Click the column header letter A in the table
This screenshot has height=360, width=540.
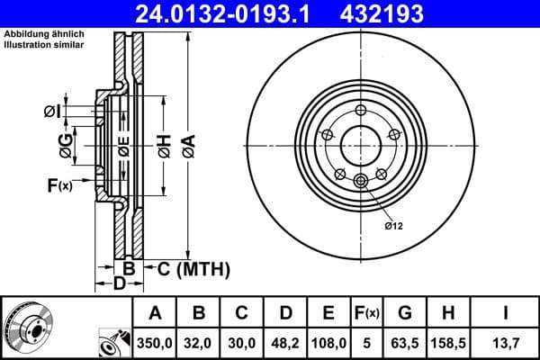coord(155,313)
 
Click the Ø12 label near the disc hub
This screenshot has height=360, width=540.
coord(393,225)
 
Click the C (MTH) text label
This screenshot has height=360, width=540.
coord(194,268)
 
